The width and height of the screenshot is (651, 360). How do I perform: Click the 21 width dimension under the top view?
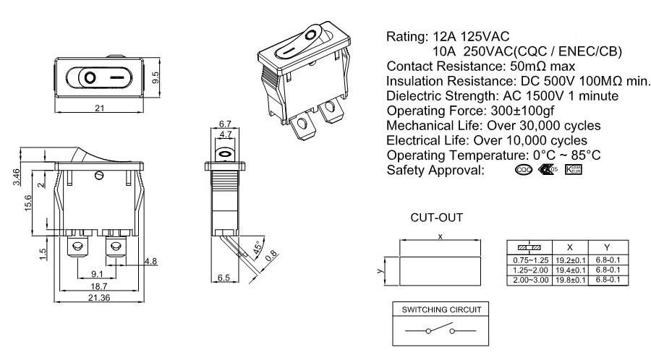(100, 108)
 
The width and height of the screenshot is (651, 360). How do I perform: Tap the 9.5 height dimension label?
(155, 77)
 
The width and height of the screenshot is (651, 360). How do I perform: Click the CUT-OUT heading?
(436, 216)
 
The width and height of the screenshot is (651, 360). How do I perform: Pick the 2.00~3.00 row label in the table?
(532, 278)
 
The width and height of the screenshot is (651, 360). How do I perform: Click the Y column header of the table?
(608, 247)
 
